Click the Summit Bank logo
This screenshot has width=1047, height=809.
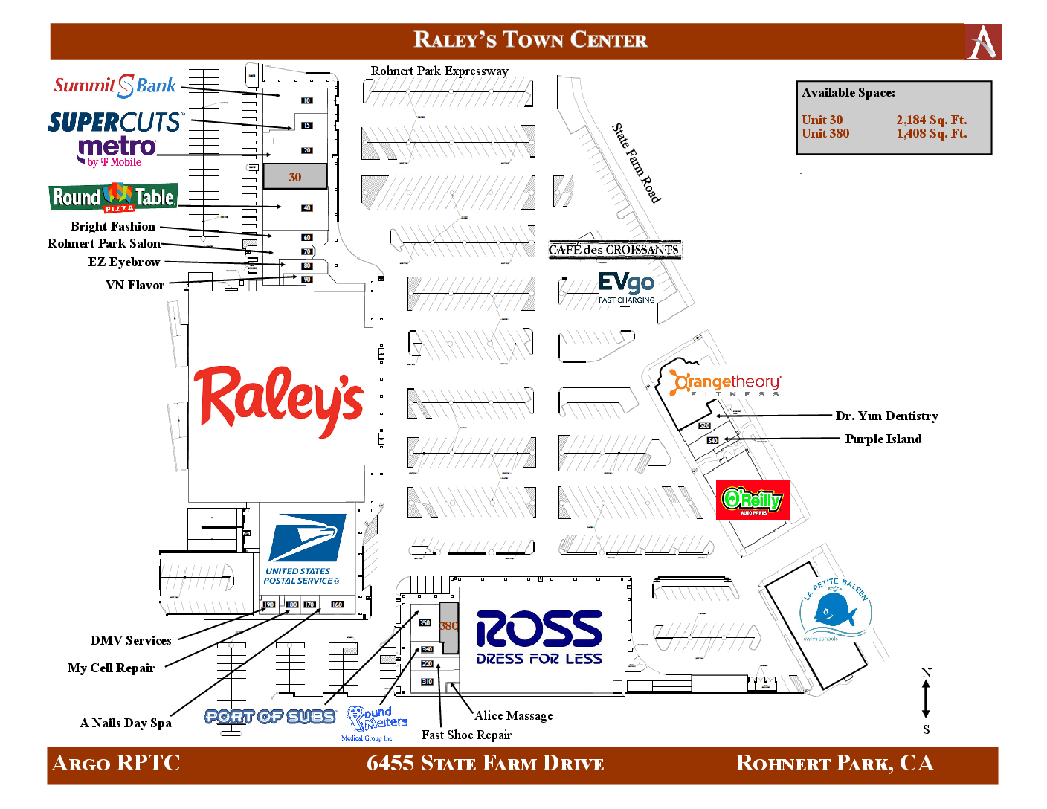coord(115,86)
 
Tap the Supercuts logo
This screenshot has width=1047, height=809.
coord(115,122)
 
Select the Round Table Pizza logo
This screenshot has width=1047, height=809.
coord(113,198)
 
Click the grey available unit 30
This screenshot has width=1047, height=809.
coord(295,177)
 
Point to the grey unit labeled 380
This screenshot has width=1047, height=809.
coord(448,626)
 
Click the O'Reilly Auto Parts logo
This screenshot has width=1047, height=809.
coord(753,500)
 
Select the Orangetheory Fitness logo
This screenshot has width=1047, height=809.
coord(725,384)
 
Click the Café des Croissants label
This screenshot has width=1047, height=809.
coord(613,250)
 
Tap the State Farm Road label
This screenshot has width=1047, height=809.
coord(636,163)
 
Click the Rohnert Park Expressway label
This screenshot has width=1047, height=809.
coord(439,71)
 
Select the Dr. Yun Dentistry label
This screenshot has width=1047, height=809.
coord(886,416)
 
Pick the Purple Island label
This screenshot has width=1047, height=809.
coord(883,439)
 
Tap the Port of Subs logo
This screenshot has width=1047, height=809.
coord(270,716)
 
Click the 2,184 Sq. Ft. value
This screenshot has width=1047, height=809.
coord(931,120)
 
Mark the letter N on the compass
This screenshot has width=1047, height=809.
coord(927,674)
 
